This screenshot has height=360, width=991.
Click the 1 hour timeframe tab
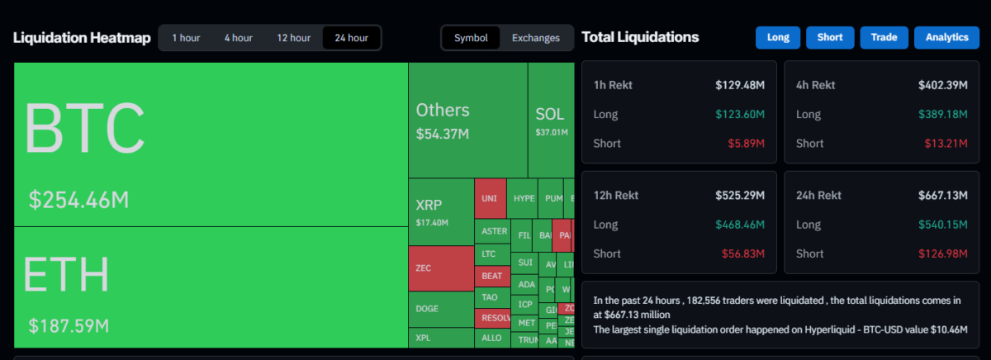point(186,38)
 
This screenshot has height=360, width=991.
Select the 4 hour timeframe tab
point(238,38)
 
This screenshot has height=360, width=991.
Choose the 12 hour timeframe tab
point(293,38)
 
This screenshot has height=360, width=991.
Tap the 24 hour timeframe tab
point(352,38)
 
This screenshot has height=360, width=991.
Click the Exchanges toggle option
point(535,38)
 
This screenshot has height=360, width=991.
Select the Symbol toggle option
point(471,38)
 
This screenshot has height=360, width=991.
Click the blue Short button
point(830,37)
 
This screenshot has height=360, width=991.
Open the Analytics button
point(946,37)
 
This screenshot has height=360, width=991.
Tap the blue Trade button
point(884,37)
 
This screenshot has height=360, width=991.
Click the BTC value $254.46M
point(79,200)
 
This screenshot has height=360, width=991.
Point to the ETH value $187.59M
point(69,325)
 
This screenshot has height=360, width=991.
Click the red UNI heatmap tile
point(490,199)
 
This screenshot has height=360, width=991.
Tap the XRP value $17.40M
point(432,223)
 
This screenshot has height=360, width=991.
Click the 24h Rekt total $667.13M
point(942,196)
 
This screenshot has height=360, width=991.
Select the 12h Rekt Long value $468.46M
point(740,225)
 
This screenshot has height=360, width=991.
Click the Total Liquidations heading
point(640,37)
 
